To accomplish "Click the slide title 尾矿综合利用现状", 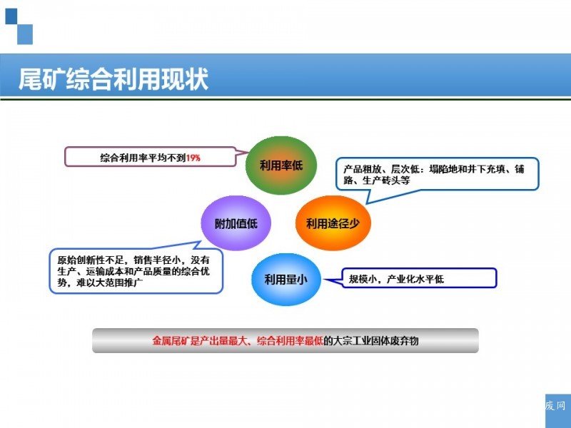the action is tap(113, 78).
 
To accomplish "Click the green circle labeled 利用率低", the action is tap(281, 165).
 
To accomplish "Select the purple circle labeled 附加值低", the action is tap(236, 223).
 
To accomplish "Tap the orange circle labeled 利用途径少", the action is tap(333, 223).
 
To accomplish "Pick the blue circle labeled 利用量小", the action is tap(286, 280).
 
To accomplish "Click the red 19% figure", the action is tap(193, 158).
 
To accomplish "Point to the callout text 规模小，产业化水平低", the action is tap(396, 279).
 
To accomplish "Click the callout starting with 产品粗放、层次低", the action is tap(437, 174).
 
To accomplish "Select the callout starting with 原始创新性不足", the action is tap(136, 271).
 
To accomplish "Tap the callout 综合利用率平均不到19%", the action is tap(150, 157).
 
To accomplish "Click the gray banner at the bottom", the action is tap(285, 341).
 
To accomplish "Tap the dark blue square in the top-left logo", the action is tap(11, 16).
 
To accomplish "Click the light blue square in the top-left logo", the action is tap(25, 34).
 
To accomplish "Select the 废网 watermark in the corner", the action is tap(555, 406).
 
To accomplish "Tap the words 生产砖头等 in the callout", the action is tap(386, 180).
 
